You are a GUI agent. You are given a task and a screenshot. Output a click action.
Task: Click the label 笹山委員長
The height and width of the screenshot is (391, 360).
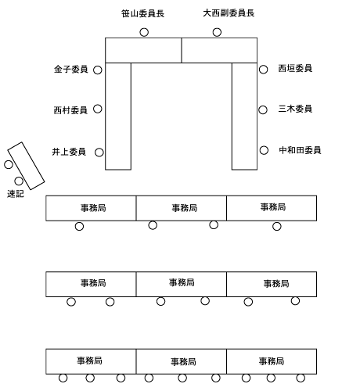tap(142, 13)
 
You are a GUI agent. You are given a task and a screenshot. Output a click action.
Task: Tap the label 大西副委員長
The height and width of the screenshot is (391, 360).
tap(229, 13)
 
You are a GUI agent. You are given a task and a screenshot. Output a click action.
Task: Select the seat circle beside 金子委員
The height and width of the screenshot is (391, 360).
tap(98, 70)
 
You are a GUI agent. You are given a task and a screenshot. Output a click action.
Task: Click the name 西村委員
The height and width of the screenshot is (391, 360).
tap(70, 110)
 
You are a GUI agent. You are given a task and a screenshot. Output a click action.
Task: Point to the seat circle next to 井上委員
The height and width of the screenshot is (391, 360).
tap(99, 152)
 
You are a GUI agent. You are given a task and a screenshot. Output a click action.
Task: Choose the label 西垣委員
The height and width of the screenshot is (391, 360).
tap(295, 68)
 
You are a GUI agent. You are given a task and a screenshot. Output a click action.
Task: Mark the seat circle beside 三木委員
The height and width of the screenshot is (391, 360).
tap(263, 109)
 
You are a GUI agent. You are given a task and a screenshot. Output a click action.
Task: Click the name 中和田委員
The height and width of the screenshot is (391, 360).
tap(300, 150)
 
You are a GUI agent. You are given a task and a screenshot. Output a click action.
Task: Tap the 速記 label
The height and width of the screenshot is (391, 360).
tap(16, 194)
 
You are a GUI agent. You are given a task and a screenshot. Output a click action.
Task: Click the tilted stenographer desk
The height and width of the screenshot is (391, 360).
tap(26, 166)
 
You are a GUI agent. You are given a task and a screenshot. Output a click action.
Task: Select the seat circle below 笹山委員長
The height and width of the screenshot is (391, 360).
tap(144, 32)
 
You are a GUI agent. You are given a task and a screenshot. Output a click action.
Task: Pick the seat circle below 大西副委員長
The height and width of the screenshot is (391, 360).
tap(217, 32)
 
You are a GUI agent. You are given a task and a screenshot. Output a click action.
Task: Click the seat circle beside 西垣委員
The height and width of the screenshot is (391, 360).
tap(264, 70)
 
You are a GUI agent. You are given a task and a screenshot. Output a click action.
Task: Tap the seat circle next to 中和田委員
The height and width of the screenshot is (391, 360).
tap(264, 150)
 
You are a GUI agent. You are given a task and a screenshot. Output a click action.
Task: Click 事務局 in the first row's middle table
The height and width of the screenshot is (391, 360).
tap(185, 208)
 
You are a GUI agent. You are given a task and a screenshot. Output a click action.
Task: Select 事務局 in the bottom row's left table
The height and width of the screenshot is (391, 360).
tap(89, 361)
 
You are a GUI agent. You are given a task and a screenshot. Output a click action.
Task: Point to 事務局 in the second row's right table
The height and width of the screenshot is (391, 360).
tap(276, 283)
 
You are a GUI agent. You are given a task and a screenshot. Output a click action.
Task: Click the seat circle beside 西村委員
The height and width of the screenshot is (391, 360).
tap(98, 109)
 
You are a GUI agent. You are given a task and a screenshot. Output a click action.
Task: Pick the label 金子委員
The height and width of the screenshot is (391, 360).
tap(70, 69)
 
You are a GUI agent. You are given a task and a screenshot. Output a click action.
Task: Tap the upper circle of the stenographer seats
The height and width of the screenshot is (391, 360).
tap(9, 164)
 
